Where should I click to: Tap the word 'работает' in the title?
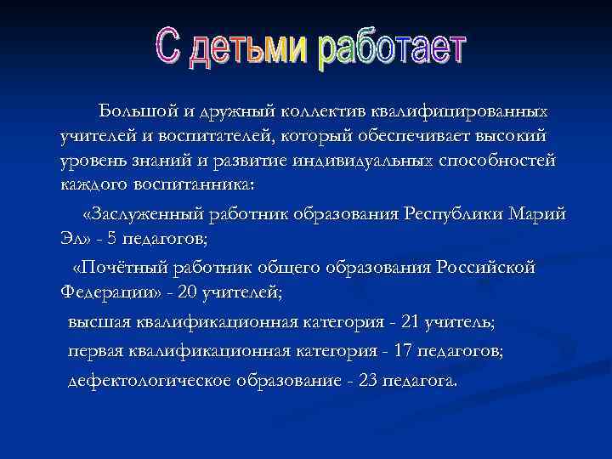pyautogui.click(x=392, y=52)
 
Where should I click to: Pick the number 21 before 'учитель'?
pyautogui.click(x=412, y=323)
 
